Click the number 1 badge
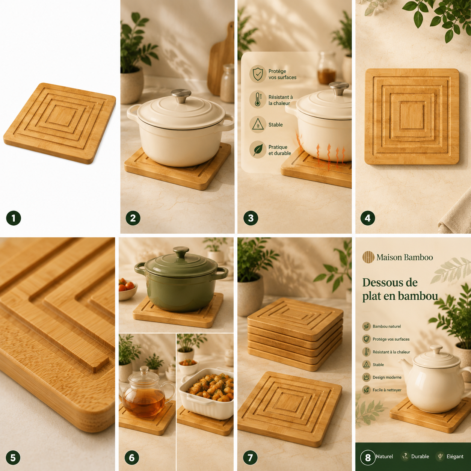[x=14, y=218]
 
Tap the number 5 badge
[x=13, y=457]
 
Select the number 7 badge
[x=250, y=457]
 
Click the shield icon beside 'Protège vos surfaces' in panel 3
[x=258, y=74]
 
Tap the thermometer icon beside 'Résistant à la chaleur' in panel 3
[x=258, y=99]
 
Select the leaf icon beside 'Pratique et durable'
[x=258, y=149]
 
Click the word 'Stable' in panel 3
[x=275, y=125]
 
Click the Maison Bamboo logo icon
[x=368, y=257]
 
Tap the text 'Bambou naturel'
[x=386, y=326]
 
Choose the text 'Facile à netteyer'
[x=387, y=390]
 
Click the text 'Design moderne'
[x=387, y=377]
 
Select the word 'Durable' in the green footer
[x=420, y=456]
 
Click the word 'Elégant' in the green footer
[x=455, y=456]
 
